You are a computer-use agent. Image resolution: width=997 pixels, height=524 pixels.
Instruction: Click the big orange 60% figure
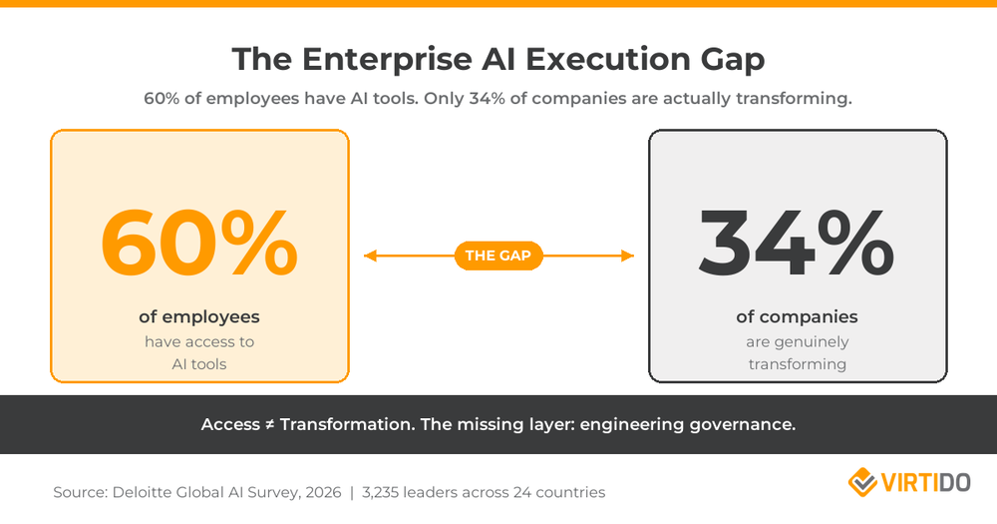click(x=199, y=243)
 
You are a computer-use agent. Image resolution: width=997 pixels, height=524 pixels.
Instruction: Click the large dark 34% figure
click(x=797, y=243)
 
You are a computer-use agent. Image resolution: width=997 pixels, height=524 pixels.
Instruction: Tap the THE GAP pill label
click(x=498, y=257)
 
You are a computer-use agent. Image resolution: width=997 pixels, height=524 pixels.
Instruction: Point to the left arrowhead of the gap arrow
click(x=370, y=257)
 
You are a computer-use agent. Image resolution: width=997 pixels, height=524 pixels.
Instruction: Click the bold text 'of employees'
click(x=199, y=317)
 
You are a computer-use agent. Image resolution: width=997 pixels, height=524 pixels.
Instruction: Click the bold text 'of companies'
click(x=797, y=317)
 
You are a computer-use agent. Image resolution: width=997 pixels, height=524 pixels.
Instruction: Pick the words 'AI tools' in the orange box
click(x=199, y=364)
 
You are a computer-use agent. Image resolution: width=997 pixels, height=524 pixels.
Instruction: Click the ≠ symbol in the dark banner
click(x=268, y=424)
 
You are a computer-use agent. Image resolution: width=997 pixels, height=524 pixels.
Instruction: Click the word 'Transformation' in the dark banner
click(x=345, y=424)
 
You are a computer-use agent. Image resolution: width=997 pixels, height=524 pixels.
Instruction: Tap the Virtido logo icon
click(x=862, y=483)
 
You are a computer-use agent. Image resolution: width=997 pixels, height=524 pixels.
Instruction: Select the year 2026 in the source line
click(x=317, y=492)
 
